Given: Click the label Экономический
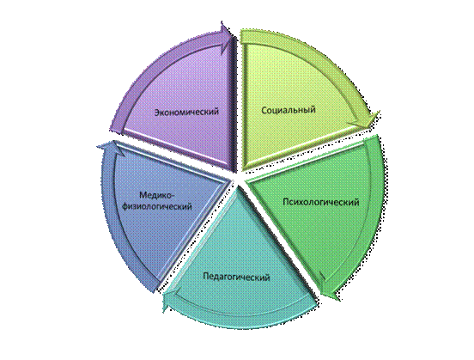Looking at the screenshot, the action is tap(186, 112).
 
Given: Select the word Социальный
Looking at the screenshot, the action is tap(289, 109).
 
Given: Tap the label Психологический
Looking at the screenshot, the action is tap(321, 202).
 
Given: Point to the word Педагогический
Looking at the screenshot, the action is tap(236, 277).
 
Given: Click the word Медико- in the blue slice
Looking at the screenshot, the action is tap(157, 195).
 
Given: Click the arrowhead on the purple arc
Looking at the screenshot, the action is tap(226, 33).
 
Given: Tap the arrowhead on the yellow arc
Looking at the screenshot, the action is tap(367, 120).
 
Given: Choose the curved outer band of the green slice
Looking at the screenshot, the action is tap(377, 211).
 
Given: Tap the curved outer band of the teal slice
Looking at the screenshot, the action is tap(242, 320).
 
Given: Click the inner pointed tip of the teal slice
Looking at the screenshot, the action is tap(239, 186).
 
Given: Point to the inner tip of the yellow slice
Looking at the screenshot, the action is tap(242, 169).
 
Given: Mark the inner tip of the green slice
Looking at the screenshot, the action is tap(246, 181).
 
